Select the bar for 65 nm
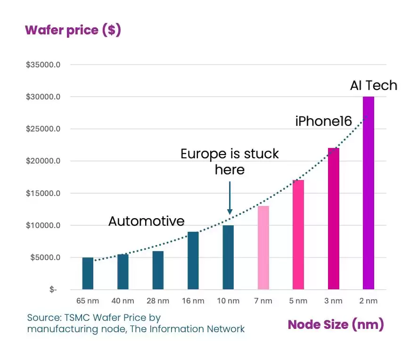(88, 273)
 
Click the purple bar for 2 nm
(368, 193)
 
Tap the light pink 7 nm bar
(263, 247)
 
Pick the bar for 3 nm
(333, 219)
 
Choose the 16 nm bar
(193, 260)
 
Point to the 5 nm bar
(298, 235)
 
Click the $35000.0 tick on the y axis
(42, 65)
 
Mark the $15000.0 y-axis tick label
(42, 193)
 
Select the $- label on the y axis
(53, 290)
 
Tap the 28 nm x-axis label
(157, 301)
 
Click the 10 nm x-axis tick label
(228, 301)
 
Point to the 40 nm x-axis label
(123, 301)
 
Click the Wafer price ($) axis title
(73, 30)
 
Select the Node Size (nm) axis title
(336, 325)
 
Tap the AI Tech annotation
(373, 85)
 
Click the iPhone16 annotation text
(323, 121)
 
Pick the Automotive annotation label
(146, 221)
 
